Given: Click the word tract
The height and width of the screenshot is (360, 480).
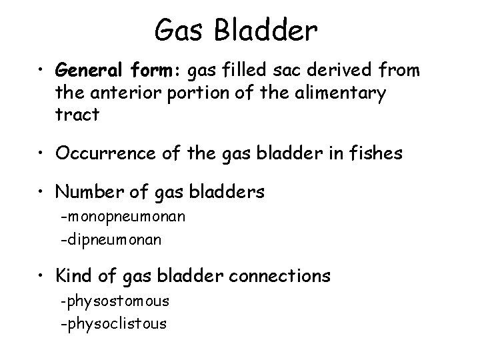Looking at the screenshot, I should [x=78, y=115].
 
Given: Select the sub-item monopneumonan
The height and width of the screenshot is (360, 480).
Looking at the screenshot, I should [x=123, y=217].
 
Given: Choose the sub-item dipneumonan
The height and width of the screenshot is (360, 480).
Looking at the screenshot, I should [x=111, y=240].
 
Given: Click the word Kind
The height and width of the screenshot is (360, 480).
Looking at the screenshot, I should [x=73, y=275].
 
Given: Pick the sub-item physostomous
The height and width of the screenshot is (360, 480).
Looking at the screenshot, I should [x=115, y=301].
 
